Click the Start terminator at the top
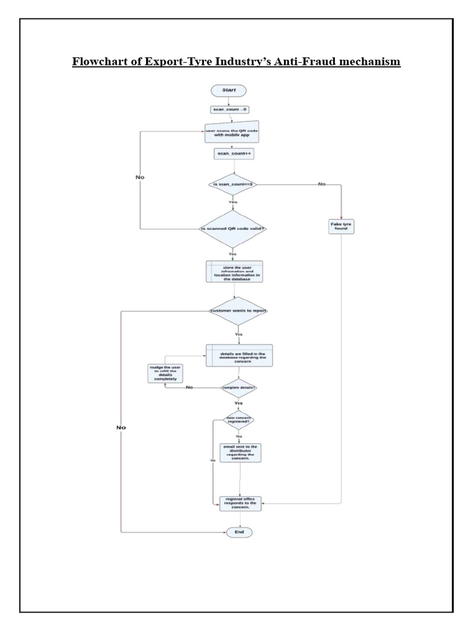pos(228,90)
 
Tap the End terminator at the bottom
pos(239,531)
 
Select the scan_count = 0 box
pos(228,110)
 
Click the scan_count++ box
pos(233,153)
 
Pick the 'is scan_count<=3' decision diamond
pos(233,184)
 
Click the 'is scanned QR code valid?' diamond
pos(233,229)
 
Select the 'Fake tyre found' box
pos(341,226)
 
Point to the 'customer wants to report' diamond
pos(238,311)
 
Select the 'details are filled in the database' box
pos(238,356)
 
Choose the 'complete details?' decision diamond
pos(239,388)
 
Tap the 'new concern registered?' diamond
pos(238,420)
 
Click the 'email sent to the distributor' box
pos(239,452)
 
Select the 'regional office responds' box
pos(241,502)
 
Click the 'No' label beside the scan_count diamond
pos(322,184)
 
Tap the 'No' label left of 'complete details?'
pos(189,388)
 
